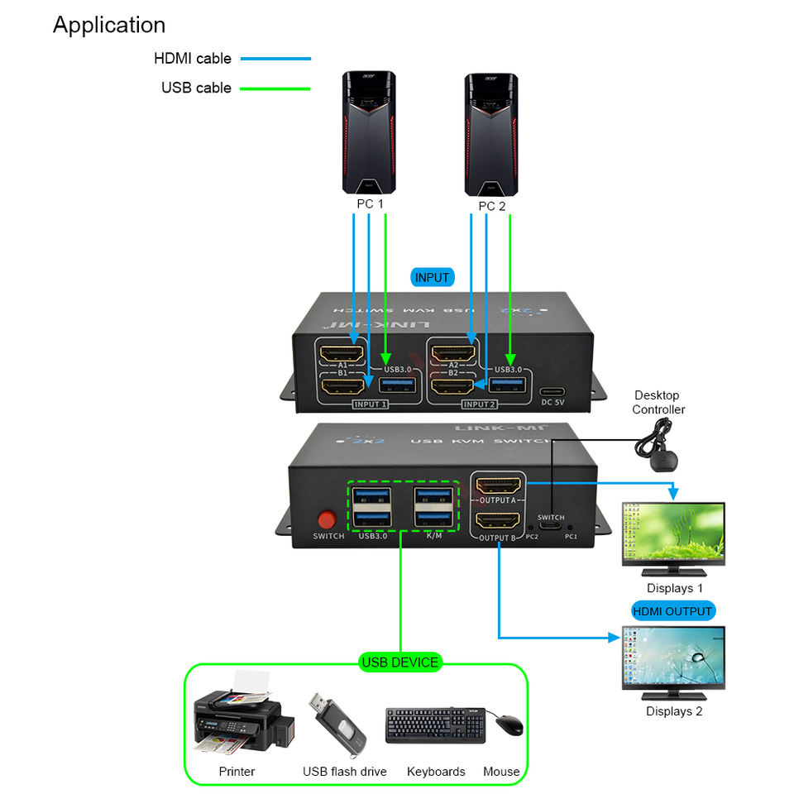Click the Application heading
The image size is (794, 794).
click(x=109, y=25)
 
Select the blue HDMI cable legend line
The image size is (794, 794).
click(x=275, y=59)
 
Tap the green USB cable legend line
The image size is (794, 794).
click(x=275, y=88)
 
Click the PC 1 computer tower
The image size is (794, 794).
click(x=370, y=132)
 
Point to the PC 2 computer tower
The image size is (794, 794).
click(x=491, y=132)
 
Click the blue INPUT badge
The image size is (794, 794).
click(x=432, y=278)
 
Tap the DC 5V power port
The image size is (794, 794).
click(x=552, y=393)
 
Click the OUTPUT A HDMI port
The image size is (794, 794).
click(x=497, y=486)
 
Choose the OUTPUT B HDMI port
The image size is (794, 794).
click(x=497, y=521)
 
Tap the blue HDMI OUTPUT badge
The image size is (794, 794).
click(x=672, y=611)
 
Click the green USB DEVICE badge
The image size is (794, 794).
click(x=400, y=662)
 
